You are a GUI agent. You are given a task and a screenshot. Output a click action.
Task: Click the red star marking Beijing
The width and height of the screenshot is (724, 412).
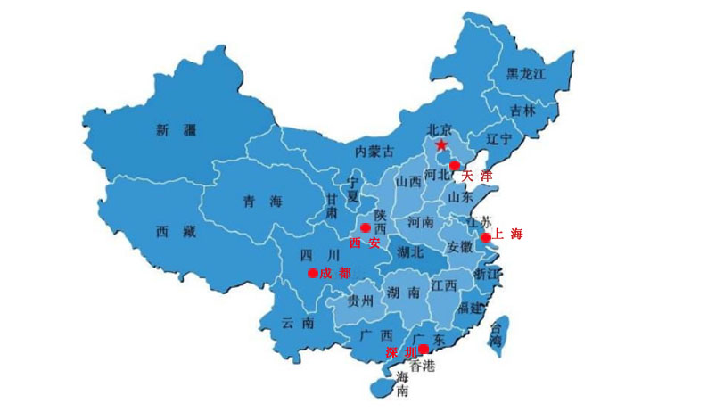(x=440, y=144)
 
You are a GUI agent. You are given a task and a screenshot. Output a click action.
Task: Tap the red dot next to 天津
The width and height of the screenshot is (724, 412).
(x=454, y=165)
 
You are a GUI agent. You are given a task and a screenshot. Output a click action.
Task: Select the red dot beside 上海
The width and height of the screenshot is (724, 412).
(x=486, y=237)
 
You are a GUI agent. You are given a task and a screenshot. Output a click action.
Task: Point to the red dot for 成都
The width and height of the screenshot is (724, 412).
(x=312, y=273)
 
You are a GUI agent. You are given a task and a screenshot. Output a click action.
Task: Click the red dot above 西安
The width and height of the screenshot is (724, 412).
(x=365, y=228)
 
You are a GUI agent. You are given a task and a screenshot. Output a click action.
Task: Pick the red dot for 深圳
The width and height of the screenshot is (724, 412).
(x=424, y=348)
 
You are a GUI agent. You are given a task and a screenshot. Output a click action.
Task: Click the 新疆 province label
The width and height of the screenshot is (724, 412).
(x=175, y=130)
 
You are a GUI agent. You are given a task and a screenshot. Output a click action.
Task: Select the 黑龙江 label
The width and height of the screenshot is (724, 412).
(x=526, y=74)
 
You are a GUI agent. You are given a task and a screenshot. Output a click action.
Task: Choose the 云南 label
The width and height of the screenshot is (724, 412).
(x=296, y=323)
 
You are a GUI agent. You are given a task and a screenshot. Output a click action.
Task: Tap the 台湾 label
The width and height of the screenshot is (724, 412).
(x=495, y=334)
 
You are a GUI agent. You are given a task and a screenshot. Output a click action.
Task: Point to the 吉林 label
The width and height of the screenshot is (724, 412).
(x=522, y=111)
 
